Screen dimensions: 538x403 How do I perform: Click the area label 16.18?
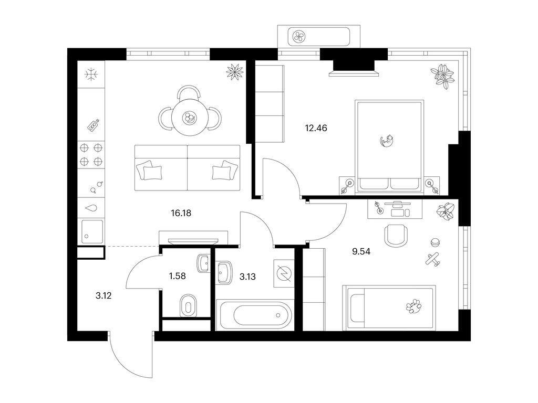click(x=181, y=213)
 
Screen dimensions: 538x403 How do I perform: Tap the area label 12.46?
click(x=316, y=128)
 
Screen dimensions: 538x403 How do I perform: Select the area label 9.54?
click(x=361, y=251)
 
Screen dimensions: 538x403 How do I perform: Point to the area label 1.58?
click(x=178, y=276)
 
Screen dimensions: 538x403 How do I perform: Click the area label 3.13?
click(x=247, y=277)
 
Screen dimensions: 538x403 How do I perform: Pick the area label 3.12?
click(x=104, y=296)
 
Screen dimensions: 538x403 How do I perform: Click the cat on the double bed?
click(x=387, y=141)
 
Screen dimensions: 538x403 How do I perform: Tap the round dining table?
click(x=190, y=117)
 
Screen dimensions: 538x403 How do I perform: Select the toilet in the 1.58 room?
click(x=188, y=305)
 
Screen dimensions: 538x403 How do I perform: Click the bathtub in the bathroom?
click(x=255, y=315)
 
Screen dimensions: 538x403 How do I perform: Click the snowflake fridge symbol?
click(x=91, y=74)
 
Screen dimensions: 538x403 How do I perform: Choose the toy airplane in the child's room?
click(x=433, y=259)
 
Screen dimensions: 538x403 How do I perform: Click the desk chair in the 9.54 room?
click(x=397, y=235)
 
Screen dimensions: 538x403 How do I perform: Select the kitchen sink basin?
click(x=92, y=231)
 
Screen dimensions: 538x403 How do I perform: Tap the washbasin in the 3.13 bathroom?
click(x=224, y=272)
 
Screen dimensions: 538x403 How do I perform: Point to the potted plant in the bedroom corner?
click(x=443, y=77)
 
